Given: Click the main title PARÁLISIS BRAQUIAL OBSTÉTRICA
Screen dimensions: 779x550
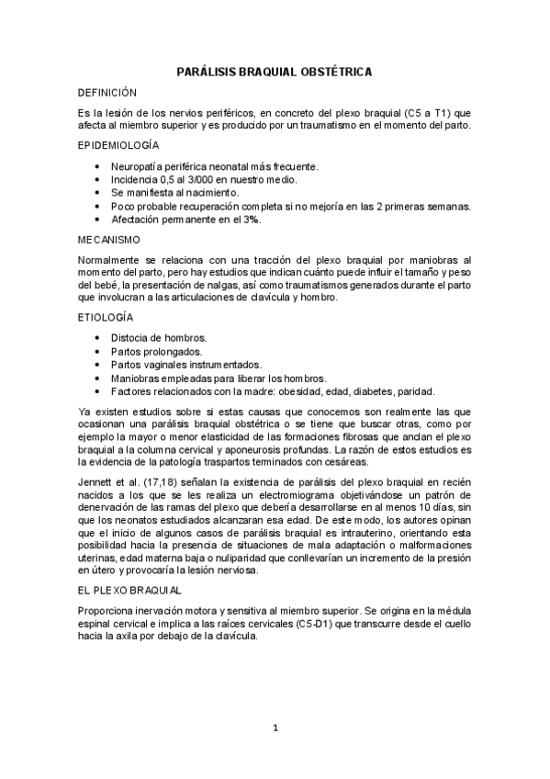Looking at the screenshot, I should [x=275, y=71].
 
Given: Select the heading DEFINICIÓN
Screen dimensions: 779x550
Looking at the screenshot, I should [x=107, y=93].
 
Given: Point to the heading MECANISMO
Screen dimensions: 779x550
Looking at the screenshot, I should [x=109, y=240].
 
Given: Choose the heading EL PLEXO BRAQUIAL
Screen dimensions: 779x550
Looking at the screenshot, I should [x=130, y=589].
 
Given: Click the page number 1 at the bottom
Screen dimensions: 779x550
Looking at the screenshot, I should [x=275, y=728].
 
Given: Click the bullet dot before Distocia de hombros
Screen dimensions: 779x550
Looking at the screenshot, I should [x=98, y=338].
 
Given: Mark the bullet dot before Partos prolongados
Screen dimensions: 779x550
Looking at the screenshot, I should [x=98, y=352].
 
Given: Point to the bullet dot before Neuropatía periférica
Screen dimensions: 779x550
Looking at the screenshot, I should [x=98, y=166].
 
